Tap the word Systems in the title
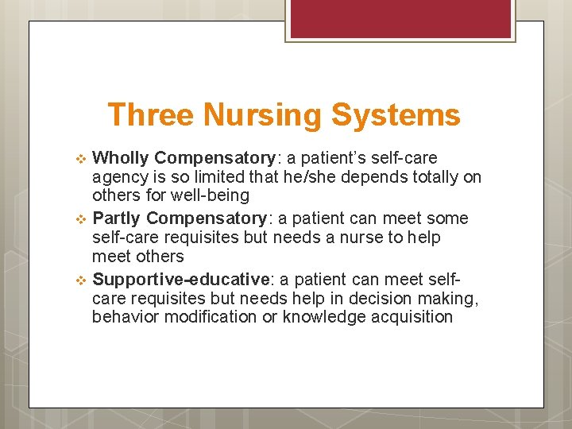coord(396,115)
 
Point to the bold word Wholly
coord(122,158)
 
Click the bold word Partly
coord(118,218)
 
